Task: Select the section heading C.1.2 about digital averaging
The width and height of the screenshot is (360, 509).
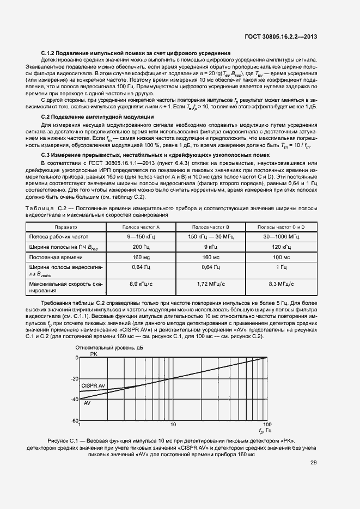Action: (x=136, y=53)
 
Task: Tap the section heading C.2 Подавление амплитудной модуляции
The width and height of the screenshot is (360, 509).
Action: (x=97, y=117)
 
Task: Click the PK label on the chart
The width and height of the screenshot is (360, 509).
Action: (x=93, y=354)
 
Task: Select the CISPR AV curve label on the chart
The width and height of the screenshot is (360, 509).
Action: (x=93, y=385)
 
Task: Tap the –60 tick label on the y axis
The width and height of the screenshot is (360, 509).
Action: (x=75, y=421)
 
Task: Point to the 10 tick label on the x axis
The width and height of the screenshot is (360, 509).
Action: (x=173, y=425)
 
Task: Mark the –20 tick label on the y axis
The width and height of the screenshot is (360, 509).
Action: (x=75, y=379)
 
